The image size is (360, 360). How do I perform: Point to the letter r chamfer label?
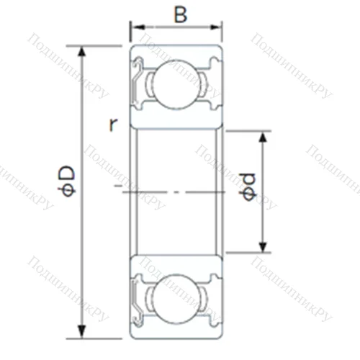pos(113,124)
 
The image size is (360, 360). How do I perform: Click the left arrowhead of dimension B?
pos(135,29)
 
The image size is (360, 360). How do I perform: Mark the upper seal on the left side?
pos(137,79)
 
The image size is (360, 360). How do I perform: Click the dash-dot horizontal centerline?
pos(173,192)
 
